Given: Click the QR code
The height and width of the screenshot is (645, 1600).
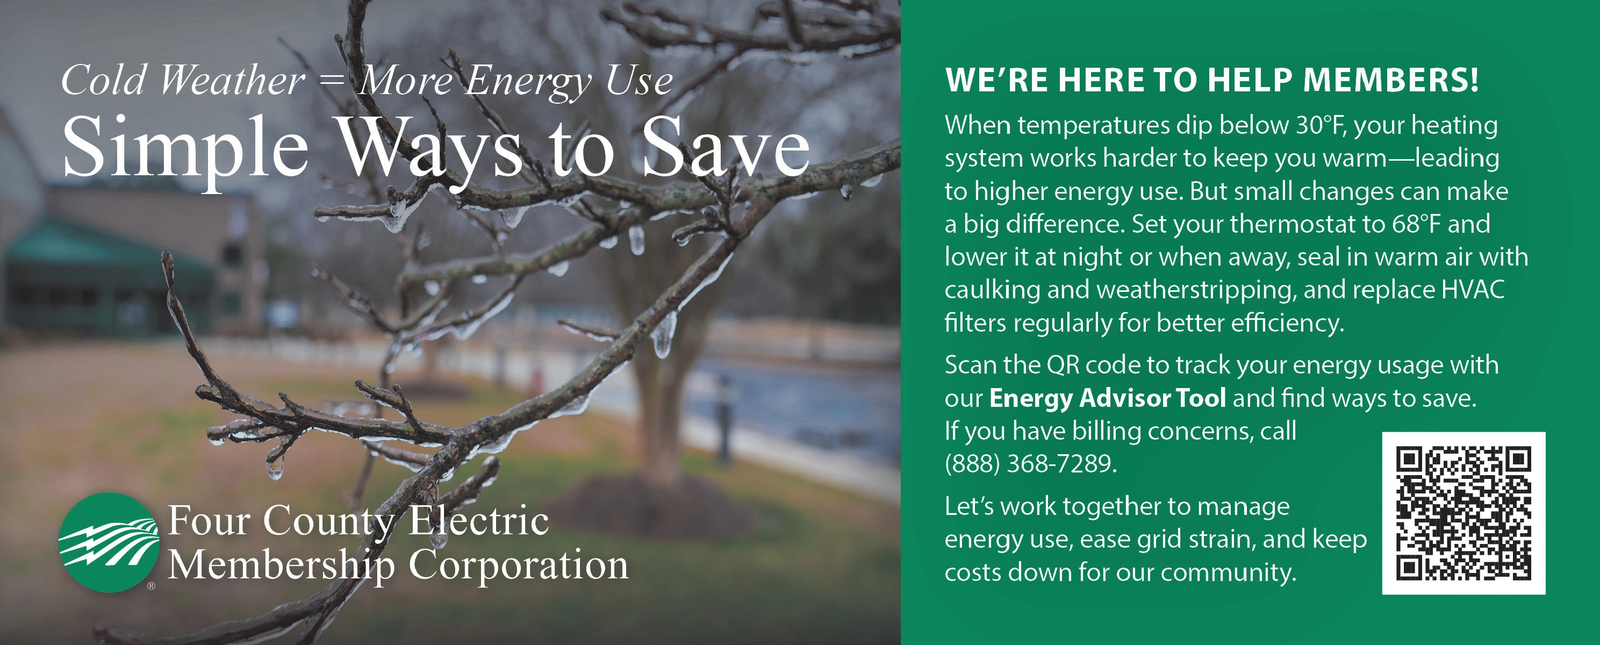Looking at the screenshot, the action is tap(1464, 513).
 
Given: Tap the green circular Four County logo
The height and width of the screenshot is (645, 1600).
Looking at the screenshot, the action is tap(109, 543).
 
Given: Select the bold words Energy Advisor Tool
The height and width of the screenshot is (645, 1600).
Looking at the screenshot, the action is tap(1107, 398).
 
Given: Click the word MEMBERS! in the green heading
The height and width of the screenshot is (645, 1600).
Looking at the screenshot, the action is tap(1391, 79).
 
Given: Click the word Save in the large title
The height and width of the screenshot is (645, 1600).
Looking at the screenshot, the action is tap(726, 146).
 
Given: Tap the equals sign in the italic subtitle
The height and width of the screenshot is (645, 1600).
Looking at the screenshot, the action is tap(331, 81).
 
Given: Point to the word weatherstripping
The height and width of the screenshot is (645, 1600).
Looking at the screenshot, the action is tap(1195, 291).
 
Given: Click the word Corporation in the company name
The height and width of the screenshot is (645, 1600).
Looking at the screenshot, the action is tap(519, 566).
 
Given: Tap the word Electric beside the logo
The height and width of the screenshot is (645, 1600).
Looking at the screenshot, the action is tap(478, 520).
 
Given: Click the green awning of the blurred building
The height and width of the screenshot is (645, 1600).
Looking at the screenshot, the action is tap(107, 246).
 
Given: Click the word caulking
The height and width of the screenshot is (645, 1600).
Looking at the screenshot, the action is tap(992, 291).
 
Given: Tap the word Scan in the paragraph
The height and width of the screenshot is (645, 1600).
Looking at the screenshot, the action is tap(969, 365).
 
